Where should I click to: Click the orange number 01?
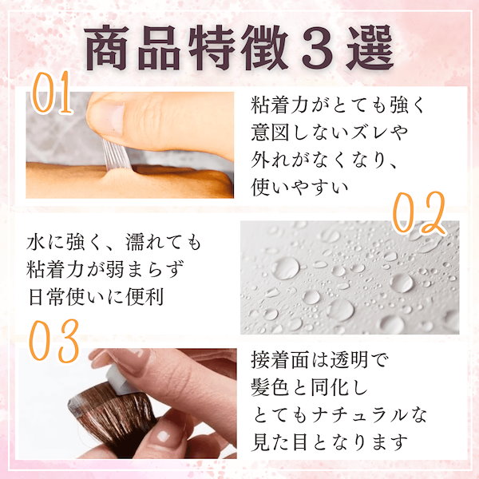point(52,93)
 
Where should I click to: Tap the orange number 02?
point(418,213)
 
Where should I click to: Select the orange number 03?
point(54,341)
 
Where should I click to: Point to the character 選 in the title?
point(370,47)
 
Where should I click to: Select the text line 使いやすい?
point(300,188)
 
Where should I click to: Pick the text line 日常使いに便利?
point(97,296)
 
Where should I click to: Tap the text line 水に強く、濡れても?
point(114,242)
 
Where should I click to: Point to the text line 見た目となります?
point(330,442)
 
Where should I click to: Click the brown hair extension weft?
point(113,413)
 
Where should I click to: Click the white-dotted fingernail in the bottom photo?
point(164,436)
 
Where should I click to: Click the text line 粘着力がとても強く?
point(338,105)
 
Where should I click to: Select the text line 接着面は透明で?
point(319,361)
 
